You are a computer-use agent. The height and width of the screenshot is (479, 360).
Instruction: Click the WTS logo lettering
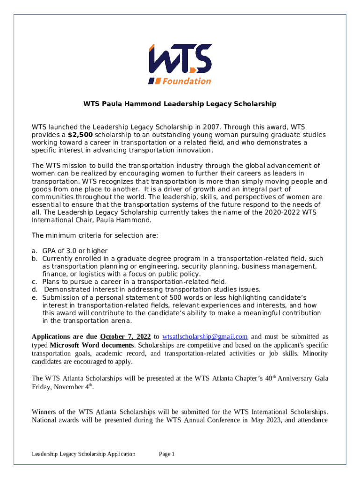(180, 60)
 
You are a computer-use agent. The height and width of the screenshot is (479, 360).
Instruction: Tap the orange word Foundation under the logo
(186, 81)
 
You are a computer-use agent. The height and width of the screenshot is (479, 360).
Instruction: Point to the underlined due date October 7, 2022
(125, 337)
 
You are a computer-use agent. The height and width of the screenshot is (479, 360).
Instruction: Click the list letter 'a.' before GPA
(34, 251)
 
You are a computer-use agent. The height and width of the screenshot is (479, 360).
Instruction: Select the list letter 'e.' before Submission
(34, 298)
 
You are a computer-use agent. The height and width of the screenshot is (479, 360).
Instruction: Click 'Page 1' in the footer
(166, 454)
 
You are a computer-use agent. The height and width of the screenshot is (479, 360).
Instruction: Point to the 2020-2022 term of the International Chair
(280, 212)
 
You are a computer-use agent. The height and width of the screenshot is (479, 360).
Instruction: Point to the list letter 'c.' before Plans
(34, 282)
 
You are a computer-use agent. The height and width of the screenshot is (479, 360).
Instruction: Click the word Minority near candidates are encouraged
(315, 354)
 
